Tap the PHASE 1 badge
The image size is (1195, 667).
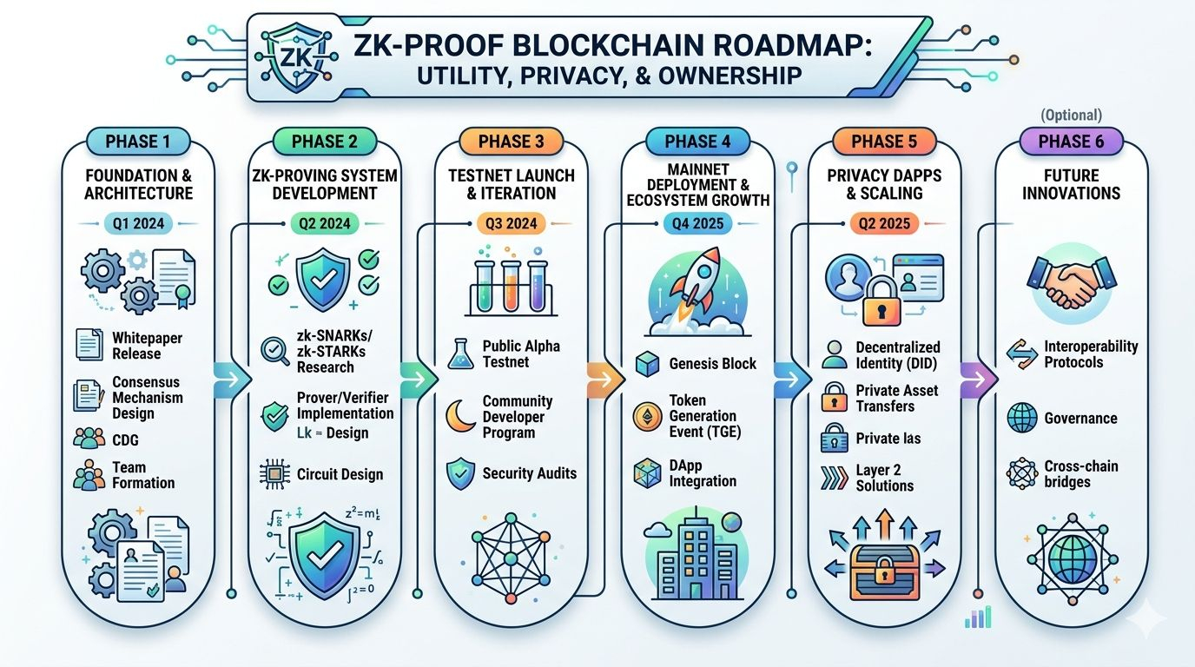click(x=131, y=142)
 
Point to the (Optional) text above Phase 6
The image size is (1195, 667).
click(x=1070, y=115)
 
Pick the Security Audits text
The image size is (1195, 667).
click(x=529, y=473)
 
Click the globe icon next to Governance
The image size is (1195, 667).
click(x=1021, y=419)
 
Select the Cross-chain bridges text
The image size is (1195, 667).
click(x=1080, y=473)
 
